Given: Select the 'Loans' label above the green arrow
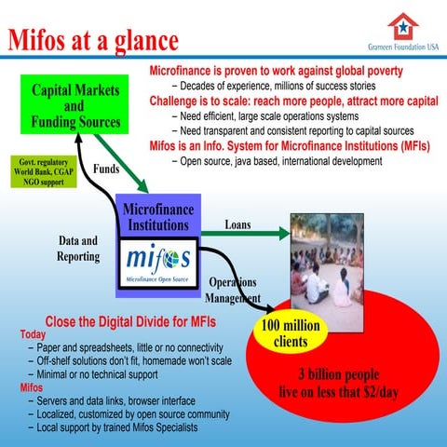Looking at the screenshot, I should click(x=237, y=224).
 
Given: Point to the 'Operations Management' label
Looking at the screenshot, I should click(x=233, y=290).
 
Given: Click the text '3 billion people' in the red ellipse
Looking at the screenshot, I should click(x=334, y=374).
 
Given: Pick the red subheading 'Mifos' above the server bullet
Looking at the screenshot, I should click(x=31, y=386).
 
